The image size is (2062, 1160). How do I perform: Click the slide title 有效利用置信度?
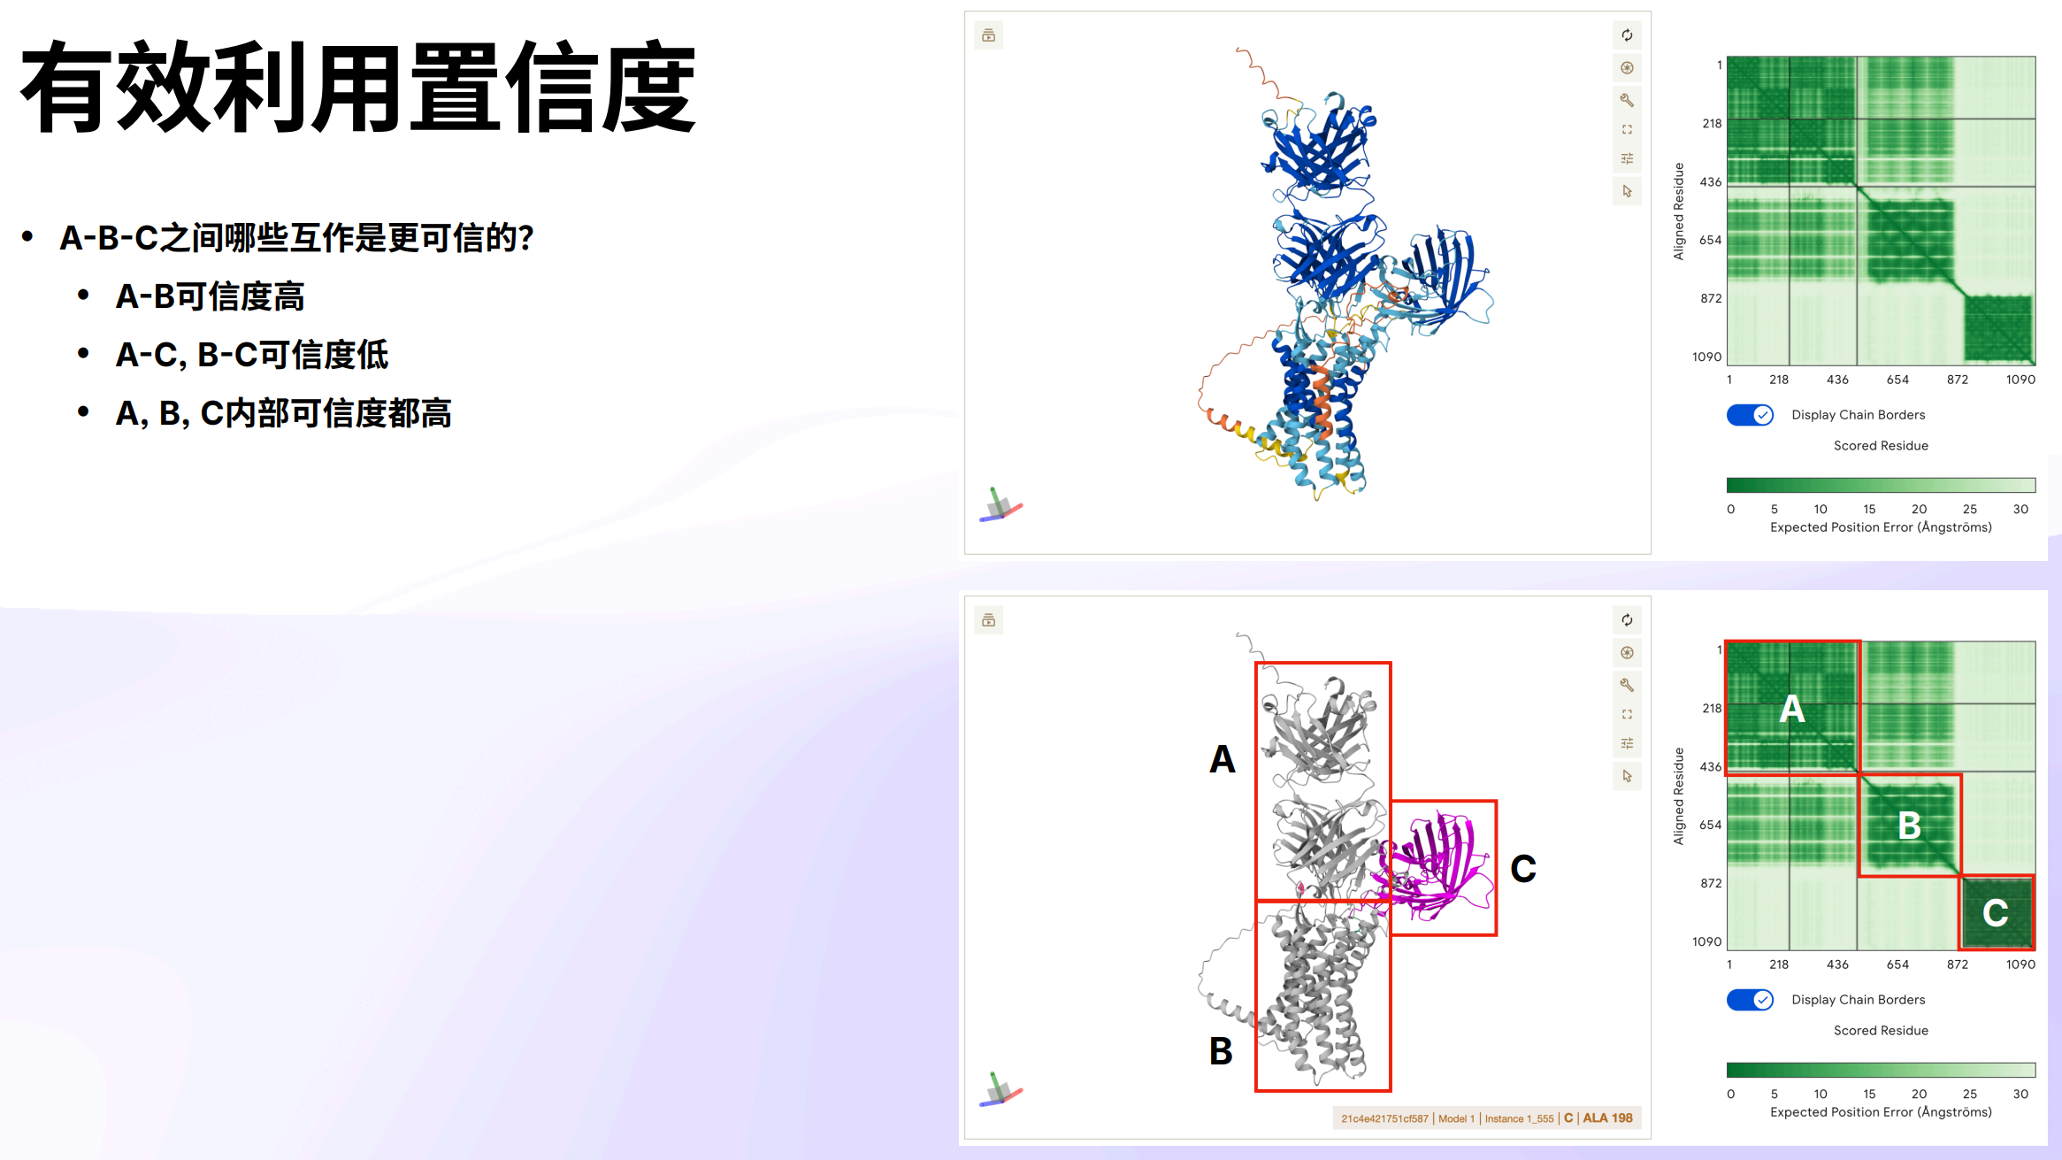(x=358, y=87)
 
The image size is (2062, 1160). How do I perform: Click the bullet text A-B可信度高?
(x=210, y=296)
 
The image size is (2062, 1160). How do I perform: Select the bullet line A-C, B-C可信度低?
(x=252, y=355)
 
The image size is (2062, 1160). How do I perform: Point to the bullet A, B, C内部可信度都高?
(x=283, y=413)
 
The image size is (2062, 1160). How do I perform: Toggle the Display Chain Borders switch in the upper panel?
(x=1750, y=415)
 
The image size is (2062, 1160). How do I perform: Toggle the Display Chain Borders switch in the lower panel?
(x=1750, y=1000)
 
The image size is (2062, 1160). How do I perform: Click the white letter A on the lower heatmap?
(x=1792, y=709)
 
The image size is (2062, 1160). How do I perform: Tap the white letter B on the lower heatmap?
(x=1910, y=826)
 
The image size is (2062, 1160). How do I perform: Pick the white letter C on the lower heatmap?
(x=1996, y=913)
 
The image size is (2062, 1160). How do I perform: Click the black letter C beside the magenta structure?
(x=1523, y=869)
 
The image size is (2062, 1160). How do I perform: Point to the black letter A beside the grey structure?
(x=1223, y=759)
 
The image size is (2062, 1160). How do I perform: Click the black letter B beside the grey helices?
(x=1221, y=1051)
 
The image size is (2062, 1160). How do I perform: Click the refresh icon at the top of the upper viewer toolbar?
(x=1627, y=35)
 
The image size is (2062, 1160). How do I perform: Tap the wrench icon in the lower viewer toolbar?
(x=1627, y=685)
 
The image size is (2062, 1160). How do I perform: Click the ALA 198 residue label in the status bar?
(x=1607, y=1118)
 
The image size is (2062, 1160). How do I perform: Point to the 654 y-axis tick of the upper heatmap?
(x=1711, y=240)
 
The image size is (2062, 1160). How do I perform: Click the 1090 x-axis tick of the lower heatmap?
(x=2020, y=964)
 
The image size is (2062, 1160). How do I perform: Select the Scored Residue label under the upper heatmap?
(x=1881, y=446)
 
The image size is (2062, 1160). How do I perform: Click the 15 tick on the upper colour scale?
(x=1869, y=509)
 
